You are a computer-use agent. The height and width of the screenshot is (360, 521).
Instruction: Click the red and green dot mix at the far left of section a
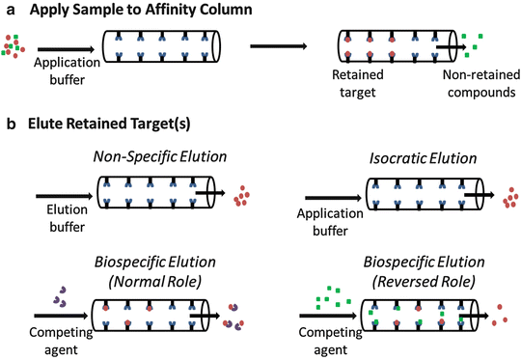point(14,43)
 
